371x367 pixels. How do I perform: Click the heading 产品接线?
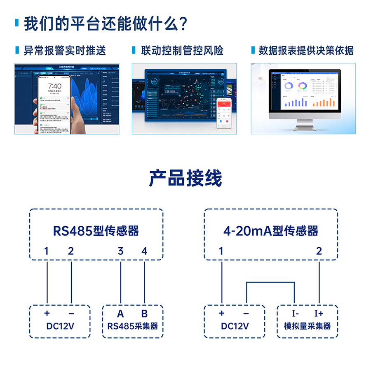point(185,178)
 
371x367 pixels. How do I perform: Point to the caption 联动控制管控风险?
point(182,51)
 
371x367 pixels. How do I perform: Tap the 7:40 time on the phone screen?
point(54,86)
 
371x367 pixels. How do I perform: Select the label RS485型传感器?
point(96,230)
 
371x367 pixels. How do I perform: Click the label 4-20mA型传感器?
point(271,230)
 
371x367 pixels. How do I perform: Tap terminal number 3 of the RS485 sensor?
point(120,251)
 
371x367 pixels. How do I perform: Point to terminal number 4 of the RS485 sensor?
point(144,251)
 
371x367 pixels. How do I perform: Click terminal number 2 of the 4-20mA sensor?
point(319,251)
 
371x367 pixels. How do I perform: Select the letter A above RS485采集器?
point(120,314)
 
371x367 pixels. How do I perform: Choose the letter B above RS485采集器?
point(144,314)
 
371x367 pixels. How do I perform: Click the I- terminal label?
point(295,314)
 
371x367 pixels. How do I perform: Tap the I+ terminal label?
point(319,314)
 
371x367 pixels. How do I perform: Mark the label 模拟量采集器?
point(307,326)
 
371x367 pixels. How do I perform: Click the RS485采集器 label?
point(132,326)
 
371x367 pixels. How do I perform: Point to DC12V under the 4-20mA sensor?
point(235,326)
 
